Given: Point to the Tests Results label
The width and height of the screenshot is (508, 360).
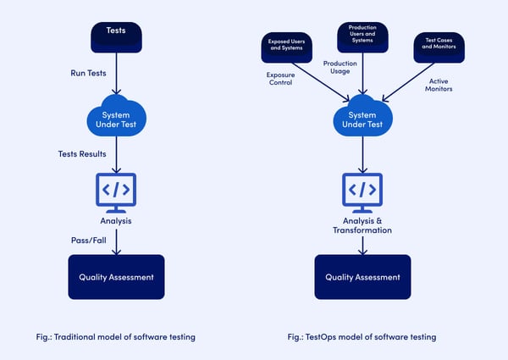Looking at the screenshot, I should [x=83, y=153].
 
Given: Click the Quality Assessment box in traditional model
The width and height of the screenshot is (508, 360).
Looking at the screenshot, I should [x=116, y=277].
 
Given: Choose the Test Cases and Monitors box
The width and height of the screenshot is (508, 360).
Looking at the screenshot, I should [x=438, y=47].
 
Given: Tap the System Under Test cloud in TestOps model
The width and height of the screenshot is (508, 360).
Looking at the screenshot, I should [x=363, y=119].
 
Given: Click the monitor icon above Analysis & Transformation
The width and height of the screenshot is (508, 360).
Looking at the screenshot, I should [x=362, y=192].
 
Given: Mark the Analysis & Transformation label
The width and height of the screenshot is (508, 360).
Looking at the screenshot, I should [x=362, y=225].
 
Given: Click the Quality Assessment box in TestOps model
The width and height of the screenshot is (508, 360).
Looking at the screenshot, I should [x=362, y=277].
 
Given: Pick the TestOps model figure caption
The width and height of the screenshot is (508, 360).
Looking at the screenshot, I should [x=362, y=336].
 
